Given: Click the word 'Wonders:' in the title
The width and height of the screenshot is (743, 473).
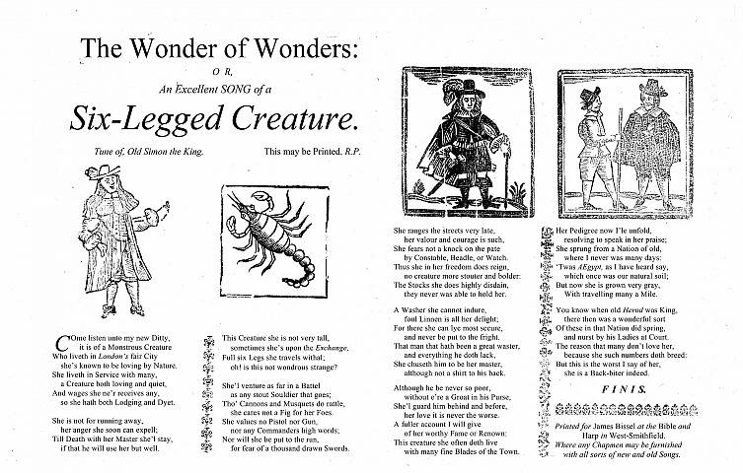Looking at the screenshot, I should [x=290, y=47].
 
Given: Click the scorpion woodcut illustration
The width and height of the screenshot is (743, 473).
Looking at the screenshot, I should [x=261, y=233].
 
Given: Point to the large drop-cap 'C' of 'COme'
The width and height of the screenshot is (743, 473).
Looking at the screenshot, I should [x=64, y=343].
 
